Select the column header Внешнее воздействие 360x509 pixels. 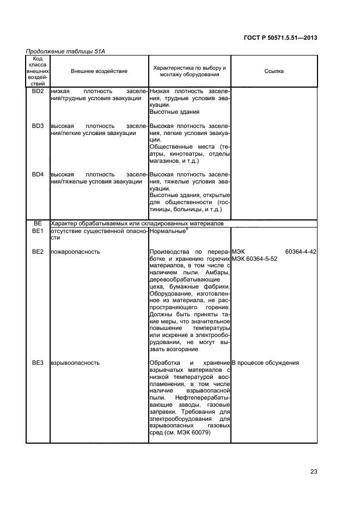tap(99, 71)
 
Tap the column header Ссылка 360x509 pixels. tap(274, 71)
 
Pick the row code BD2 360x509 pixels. tap(38, 91)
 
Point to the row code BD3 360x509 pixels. tap(38, 126)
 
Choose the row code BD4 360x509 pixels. tap(38, 174)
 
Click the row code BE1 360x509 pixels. tap(38, 231)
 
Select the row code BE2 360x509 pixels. tap(38, 252)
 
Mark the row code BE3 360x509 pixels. tap(38, 362)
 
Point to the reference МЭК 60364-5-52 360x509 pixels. tap(255, 259)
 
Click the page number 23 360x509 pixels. tap(314, 471)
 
